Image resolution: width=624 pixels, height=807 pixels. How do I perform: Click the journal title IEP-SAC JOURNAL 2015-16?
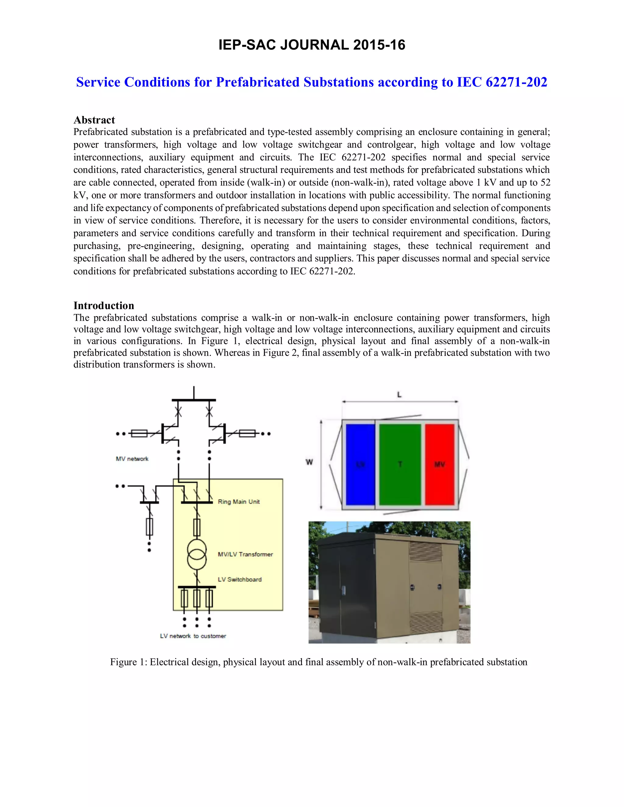click(312, 45)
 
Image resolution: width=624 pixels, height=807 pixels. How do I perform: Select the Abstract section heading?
click(94, 120)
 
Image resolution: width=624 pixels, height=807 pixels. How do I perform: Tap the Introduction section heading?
click(104, 305)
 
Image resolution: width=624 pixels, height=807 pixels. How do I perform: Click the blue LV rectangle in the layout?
click(360, 464)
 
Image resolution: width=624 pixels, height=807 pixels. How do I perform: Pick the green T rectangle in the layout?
click(400, 464)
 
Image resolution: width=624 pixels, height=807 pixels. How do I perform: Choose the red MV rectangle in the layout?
click(440, 464)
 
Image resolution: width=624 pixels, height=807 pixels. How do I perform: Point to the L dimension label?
click(399, 395)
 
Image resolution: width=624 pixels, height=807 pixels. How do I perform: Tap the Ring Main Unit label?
click(239, 502)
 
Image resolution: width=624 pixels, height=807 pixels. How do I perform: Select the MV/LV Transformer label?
click(245, 554)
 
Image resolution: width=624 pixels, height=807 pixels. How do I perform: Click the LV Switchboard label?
click(239, 580)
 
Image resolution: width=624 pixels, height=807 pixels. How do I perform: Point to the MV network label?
click(132, 459)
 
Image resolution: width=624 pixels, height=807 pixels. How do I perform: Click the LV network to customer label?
click(193, 636)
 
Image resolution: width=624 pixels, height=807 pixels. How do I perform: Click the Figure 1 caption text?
click(319, 662)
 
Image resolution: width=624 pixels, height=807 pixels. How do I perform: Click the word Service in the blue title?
click(98, 82)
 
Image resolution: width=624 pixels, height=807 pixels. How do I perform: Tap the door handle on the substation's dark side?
click(343, 590)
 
